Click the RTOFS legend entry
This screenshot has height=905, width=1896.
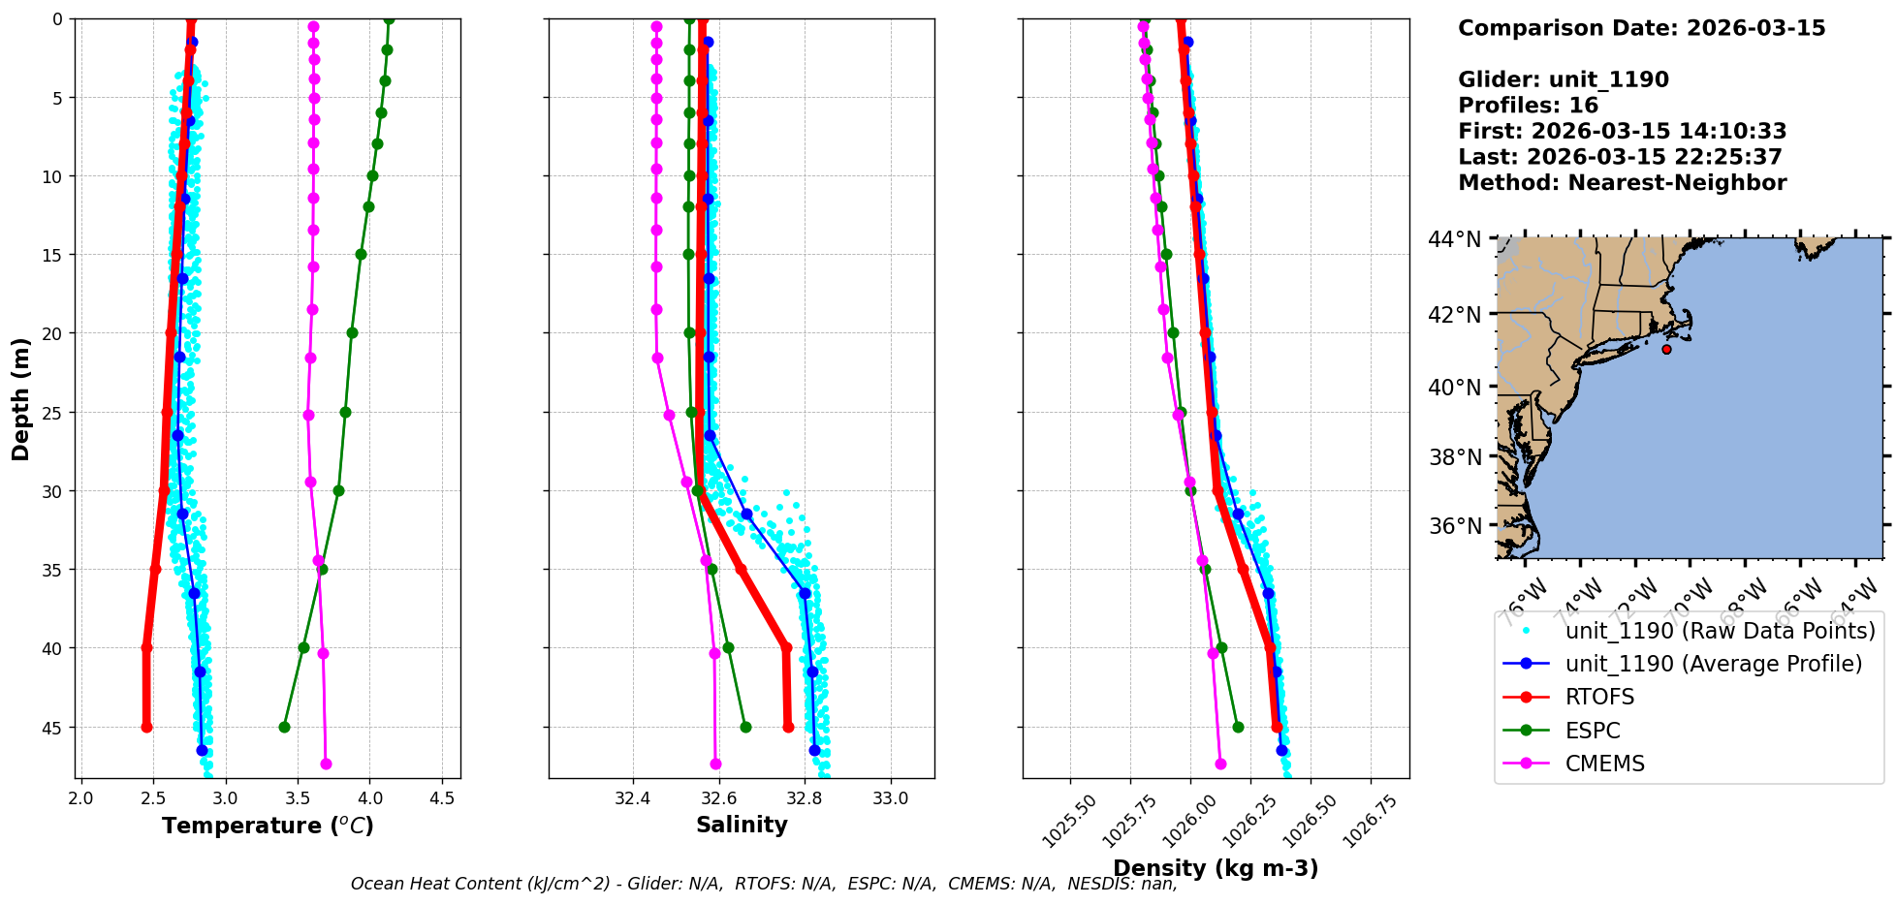1599,698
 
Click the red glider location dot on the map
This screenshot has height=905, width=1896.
1666,349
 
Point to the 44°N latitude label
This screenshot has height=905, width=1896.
1454,238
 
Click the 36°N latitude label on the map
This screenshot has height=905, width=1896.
1454,526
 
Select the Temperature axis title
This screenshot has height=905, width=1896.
268,826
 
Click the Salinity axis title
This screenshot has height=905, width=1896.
742,825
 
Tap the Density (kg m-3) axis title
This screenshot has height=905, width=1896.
1216,868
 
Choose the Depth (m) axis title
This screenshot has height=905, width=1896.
20,398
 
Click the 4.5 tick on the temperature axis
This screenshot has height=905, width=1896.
442,798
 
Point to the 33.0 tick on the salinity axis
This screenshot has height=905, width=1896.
891,798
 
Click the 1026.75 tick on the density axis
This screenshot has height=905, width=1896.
1367,822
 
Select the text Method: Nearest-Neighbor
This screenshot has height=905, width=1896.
1622,182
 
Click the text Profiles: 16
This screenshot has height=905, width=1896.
1528,105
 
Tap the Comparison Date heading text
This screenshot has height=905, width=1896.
1641,28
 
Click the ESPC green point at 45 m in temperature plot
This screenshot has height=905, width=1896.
284,727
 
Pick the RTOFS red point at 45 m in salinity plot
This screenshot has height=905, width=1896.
788,727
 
